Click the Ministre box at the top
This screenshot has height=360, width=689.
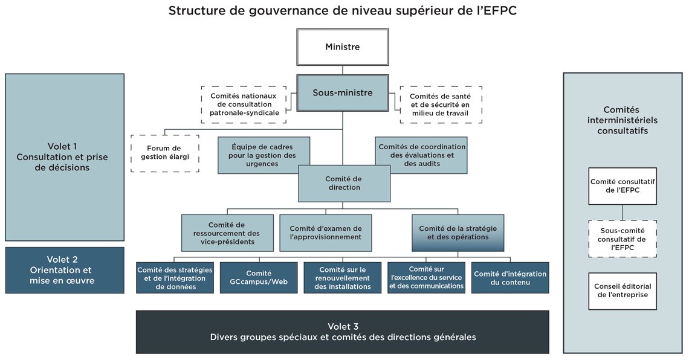coord(342,47)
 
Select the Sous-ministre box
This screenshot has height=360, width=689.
coord(342,93)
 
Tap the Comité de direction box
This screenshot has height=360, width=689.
coord(343,184)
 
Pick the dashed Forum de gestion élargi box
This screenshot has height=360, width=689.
coord(164,153)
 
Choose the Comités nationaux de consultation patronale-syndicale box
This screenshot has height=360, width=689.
coord(244,104)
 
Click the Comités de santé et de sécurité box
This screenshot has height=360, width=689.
coord(441,104)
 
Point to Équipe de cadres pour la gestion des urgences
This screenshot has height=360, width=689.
coord(264,155)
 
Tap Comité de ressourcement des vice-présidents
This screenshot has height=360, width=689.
coord(227,233)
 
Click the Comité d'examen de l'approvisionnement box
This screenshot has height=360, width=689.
coord(325,233)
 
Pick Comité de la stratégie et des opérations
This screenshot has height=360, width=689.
coord(458,233)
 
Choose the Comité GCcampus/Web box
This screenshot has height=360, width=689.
coord(259,278)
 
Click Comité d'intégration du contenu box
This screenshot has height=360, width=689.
coord(510,278)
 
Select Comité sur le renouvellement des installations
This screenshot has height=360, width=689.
coord(342,278)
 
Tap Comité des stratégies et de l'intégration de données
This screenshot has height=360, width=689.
coord(175,278)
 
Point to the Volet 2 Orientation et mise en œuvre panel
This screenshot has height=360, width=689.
coord(65,270)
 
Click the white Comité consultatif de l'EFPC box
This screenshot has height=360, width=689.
coord(623,186)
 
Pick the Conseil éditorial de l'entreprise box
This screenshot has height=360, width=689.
coord(623,291)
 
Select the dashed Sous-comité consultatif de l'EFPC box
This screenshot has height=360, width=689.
coord(623,239)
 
